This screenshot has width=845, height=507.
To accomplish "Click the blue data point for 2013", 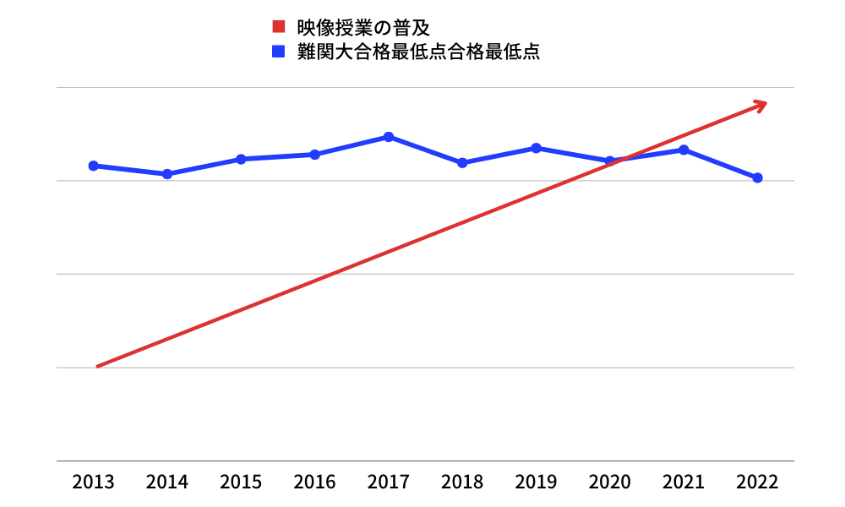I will pos(93,166).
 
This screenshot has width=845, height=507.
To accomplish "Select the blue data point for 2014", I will pos(167,174).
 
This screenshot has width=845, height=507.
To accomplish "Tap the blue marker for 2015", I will pos(241,159).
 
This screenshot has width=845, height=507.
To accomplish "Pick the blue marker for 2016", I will pos(314,155).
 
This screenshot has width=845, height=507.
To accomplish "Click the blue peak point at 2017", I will pos(388,137).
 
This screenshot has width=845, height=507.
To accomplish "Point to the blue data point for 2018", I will pos(462,162).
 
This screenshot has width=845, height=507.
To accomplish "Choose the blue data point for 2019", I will pos(536,148).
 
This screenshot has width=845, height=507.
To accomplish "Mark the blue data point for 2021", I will pos(684,150).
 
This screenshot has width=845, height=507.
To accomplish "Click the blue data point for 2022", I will pos(757,177).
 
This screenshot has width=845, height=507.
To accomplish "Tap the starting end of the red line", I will pos(98,366).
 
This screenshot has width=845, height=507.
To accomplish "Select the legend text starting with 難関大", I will pos(418,52).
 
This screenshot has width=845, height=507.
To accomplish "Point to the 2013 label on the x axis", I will pos(93,482).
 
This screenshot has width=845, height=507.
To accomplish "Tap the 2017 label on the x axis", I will pos(388,482).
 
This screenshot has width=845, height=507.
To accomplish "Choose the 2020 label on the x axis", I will pos(609,482).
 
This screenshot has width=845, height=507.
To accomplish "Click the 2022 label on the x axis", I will pos(757,482).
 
